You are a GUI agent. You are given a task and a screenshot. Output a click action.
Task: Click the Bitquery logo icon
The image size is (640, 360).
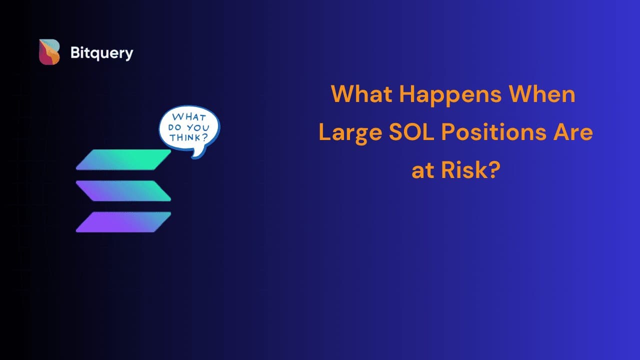[x=49, y=52]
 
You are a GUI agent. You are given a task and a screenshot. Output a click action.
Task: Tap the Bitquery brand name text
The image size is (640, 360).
[x=101, y=53]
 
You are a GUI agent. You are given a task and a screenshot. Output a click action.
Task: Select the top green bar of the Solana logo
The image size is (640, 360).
[x=123, y=159]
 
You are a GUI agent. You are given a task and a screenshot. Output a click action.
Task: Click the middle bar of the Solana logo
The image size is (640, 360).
[x=123, y=190]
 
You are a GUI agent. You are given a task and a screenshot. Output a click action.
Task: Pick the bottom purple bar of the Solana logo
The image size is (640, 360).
[x=123, y=222]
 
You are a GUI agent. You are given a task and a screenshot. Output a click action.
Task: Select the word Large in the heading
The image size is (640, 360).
[x=350, y=133]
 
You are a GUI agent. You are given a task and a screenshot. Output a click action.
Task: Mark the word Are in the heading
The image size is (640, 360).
[x=573, y=132]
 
